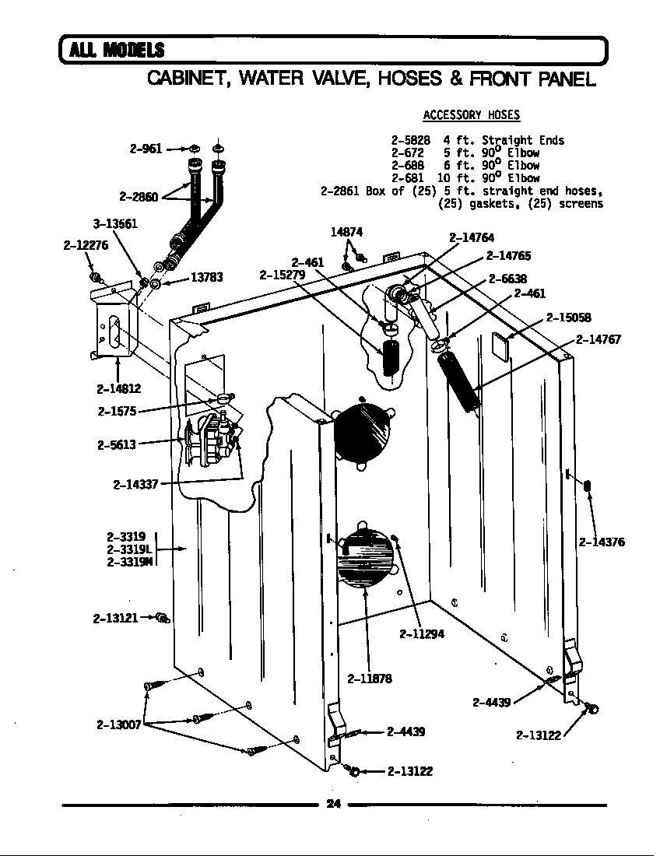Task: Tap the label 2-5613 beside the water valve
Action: (117, 445)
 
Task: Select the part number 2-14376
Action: (602, 542)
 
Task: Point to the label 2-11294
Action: (422, 633)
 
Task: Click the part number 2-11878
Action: (370, 678)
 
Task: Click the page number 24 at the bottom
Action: (333, 804)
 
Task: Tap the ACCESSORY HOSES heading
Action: (471, 115)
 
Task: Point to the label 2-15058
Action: (568, 317)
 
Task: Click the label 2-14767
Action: (598, 339)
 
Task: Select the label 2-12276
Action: (86, 244)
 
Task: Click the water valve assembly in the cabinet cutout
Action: (212, 442)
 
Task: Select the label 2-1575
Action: (118, 412)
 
